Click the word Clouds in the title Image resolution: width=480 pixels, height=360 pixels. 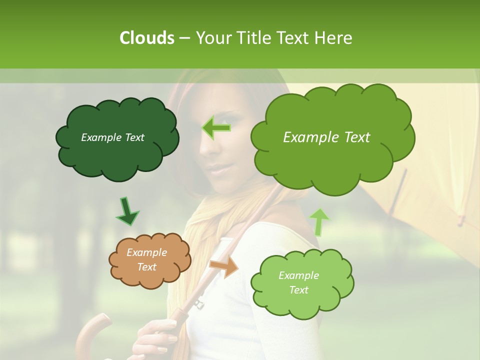click(x=146, y=38)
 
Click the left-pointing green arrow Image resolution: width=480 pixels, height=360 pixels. click(x=216, y=127)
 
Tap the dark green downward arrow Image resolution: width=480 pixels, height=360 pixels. click(x=127, y=212)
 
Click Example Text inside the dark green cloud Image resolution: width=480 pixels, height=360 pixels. click(x=112, y=137)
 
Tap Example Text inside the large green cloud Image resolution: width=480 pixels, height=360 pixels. click(x=326, y=137)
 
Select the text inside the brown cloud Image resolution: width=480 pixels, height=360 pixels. click(x=146, y=259)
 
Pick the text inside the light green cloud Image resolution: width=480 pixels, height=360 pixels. click(x=298, y=282)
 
